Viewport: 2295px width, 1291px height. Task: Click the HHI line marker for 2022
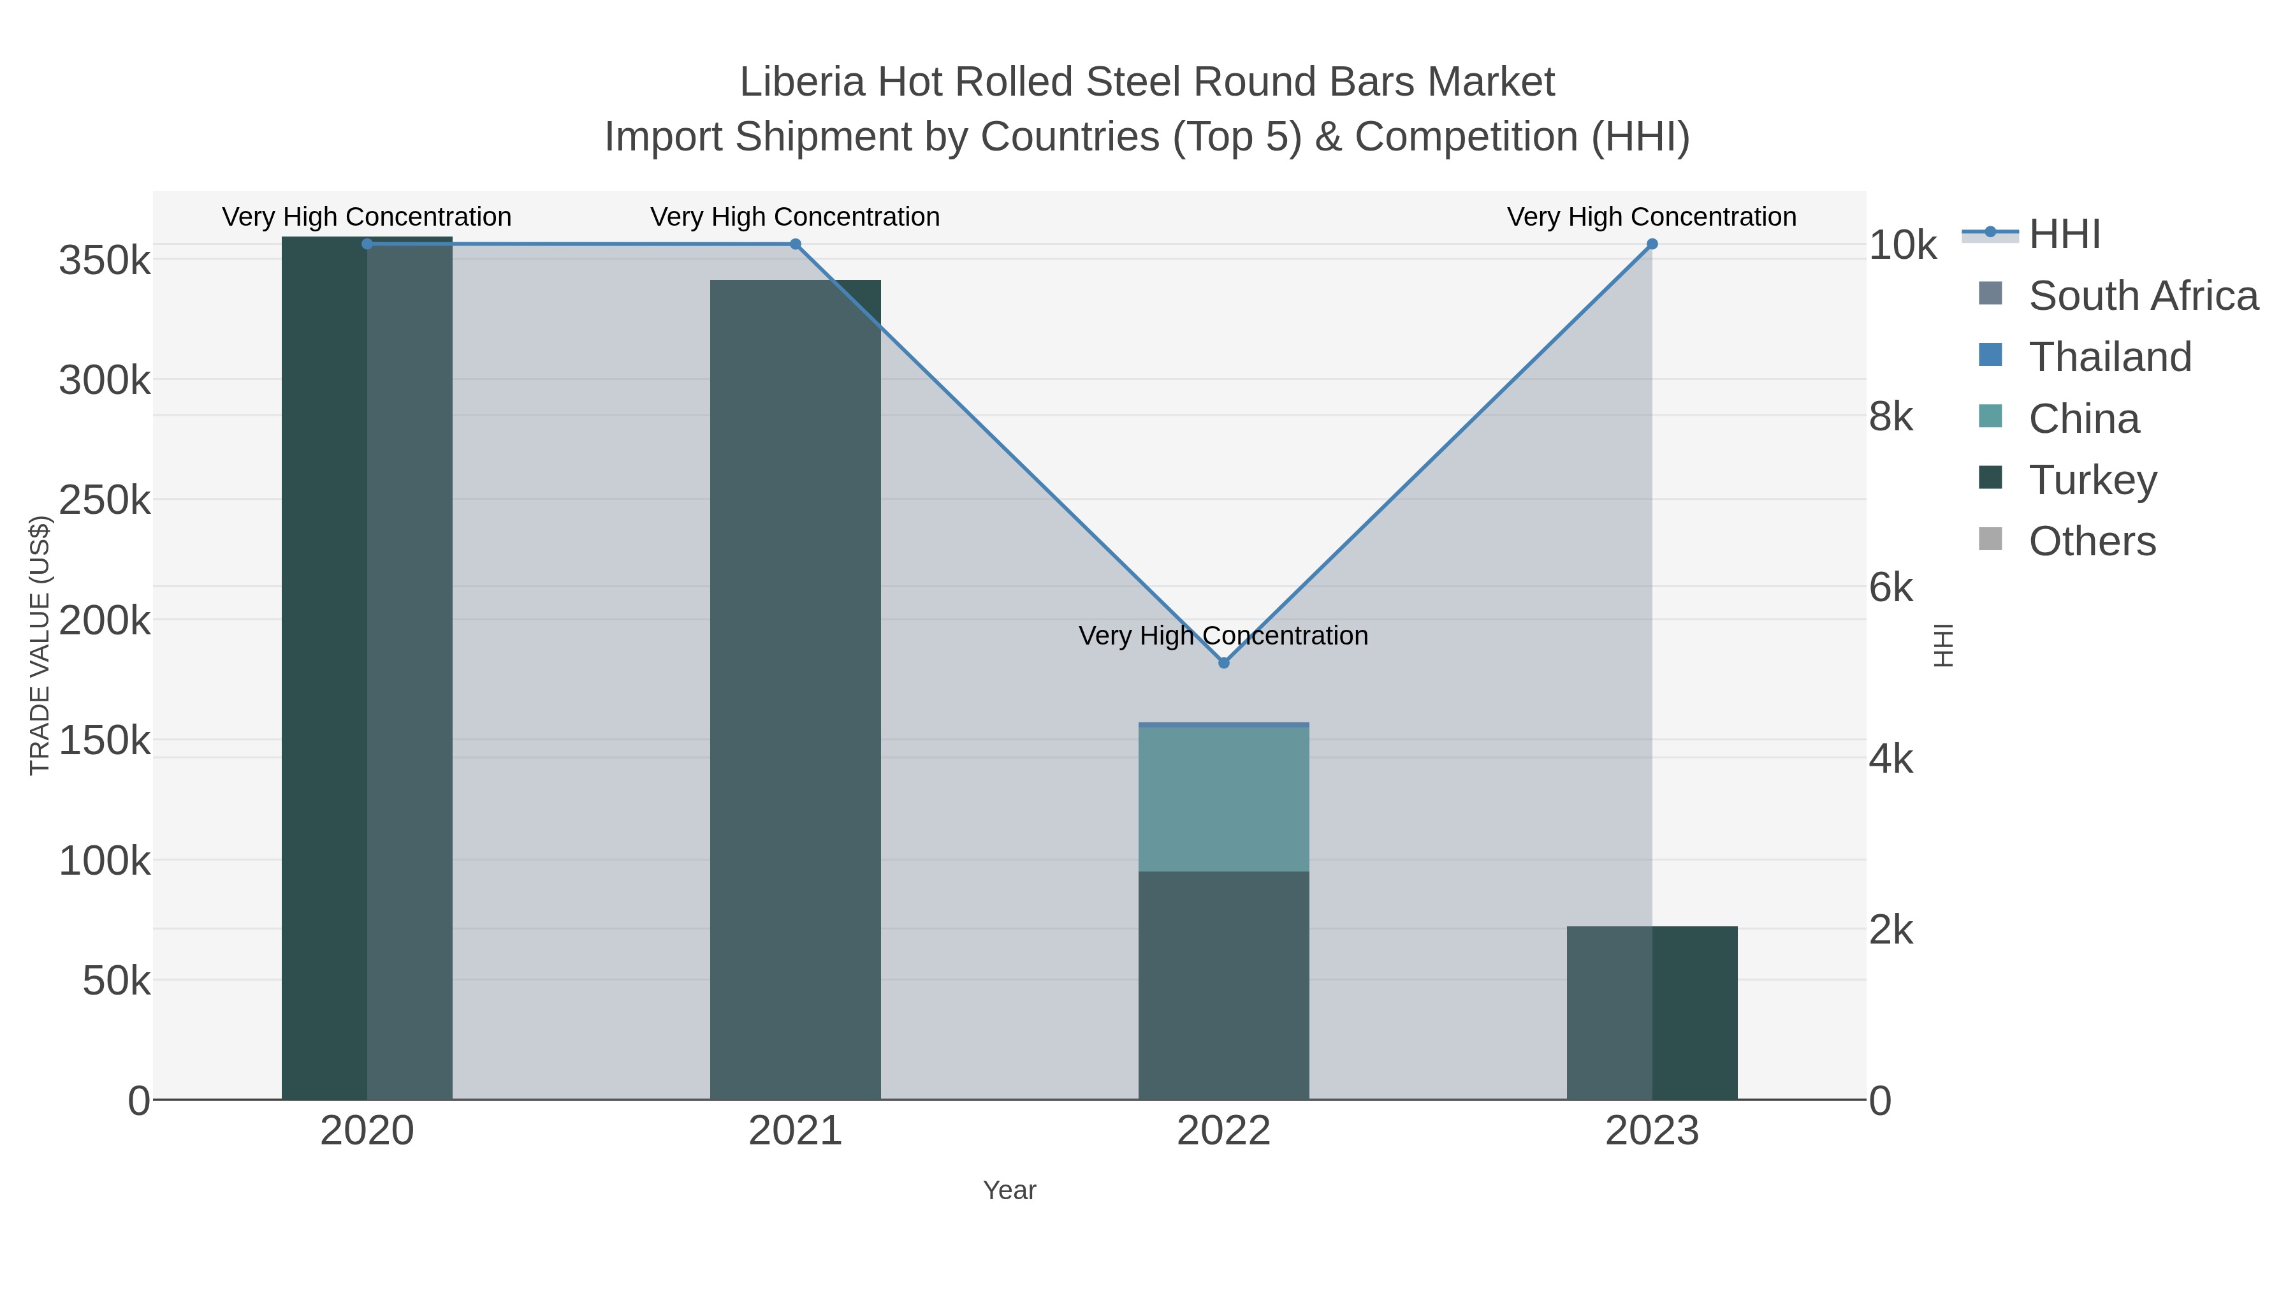tap(1223, 663)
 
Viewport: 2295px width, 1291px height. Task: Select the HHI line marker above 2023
tap(1652, 244)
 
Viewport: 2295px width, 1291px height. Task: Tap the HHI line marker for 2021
tap(796, 244)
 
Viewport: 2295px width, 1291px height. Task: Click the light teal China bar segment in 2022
tap(1223, 799)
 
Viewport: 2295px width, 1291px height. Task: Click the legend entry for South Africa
tap(2143, 296)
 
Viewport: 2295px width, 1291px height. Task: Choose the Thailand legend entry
tap(2109, 357)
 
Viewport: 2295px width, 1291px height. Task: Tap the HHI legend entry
tap(2064, 235)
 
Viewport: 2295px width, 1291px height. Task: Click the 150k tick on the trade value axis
tap(105, 740)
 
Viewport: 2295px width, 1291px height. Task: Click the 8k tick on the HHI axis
tap(1891, 417)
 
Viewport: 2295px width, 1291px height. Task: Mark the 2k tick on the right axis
tap(1891, 930)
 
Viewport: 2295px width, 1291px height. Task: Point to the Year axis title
tap(1009, 1190)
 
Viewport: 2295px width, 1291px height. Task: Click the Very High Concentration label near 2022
tap(1223, 636)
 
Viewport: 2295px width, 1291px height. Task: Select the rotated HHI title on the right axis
tap(1944, 645)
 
